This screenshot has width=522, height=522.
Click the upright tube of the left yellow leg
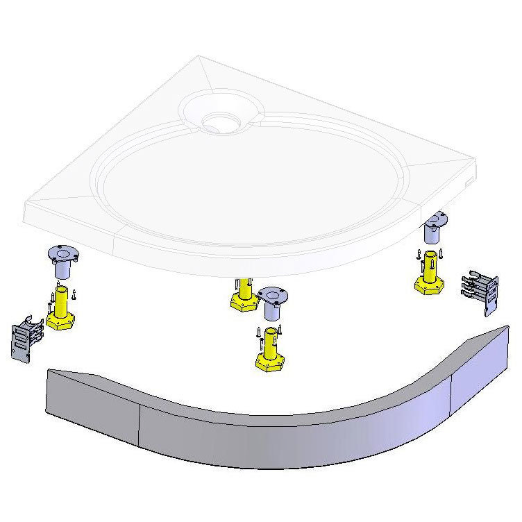[61, 301]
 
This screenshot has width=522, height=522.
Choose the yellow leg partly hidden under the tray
[242, 297]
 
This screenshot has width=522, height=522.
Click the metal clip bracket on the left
[26, 337]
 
